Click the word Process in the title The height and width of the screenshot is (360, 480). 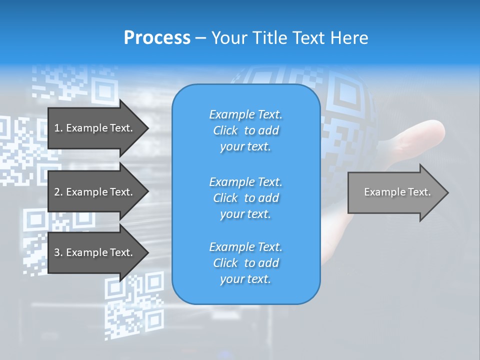[x=157, y=38]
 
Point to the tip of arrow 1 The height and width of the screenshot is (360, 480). [x=147, y=128]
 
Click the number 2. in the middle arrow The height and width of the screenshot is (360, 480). [x=58, y=192]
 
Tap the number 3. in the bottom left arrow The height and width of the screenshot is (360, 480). [x=58, y=252]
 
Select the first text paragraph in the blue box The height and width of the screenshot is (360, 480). [x=245, y=130]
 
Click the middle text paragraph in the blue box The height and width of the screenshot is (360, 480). [x=245, y=198]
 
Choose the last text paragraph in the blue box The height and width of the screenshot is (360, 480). [x=245, y=263]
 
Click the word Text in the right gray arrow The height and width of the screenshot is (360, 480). [x=420, y=192]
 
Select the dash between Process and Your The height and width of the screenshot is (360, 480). [x=200, y=38]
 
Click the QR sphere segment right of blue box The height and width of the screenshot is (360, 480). [x=345, y=115]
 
